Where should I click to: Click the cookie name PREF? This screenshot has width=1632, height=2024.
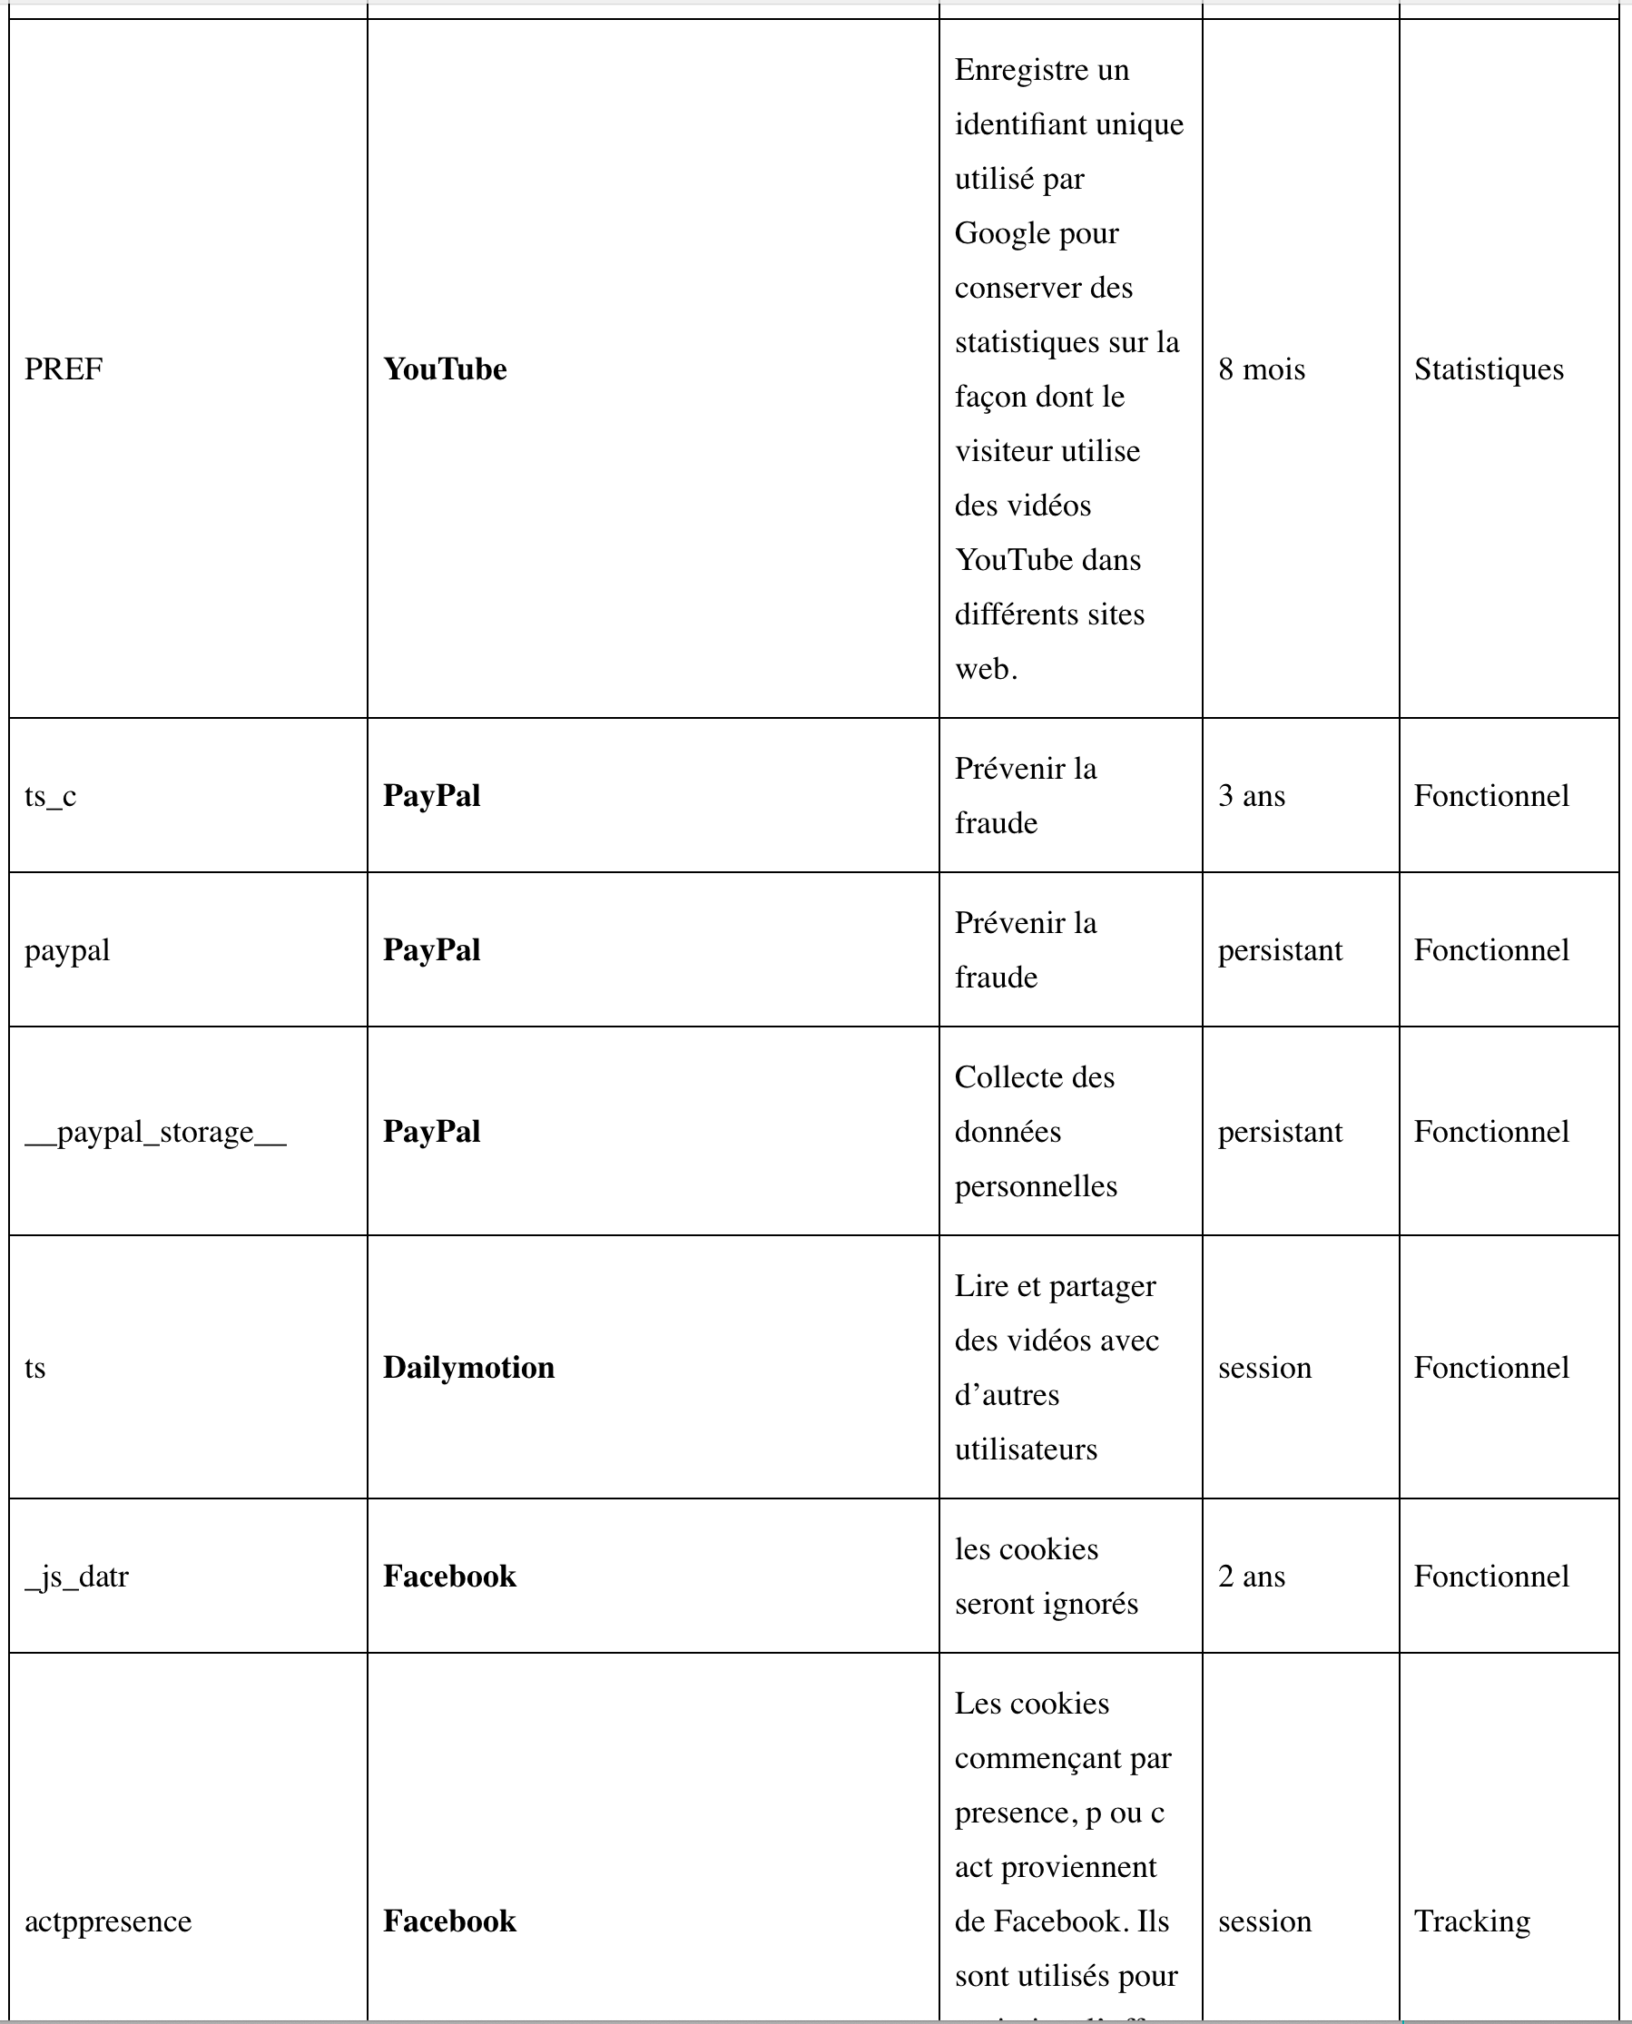(63, 369)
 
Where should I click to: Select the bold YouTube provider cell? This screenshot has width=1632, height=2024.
(445, 369)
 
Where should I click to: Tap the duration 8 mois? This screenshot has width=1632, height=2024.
(1262, 369)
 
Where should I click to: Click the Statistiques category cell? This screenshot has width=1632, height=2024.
(1489, 369)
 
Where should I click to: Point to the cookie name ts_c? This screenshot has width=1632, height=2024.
(50, 796)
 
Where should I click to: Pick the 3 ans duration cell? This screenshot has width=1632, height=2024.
(1252, 796)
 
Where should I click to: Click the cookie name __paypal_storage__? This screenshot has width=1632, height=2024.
(155, 1132)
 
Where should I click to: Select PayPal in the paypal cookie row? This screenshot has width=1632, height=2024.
(431, 950)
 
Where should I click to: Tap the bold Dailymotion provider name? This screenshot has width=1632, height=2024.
(468, 1368)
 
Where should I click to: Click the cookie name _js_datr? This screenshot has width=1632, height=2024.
(76, 1577)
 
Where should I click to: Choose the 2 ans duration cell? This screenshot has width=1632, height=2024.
(1252, 1577)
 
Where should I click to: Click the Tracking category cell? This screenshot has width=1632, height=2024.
(1471, 1921)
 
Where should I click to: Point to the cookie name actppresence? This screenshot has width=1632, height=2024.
(108, 1921)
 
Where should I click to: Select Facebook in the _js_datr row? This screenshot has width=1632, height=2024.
(449, 1577)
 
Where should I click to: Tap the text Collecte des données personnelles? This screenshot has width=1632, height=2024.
(1035, 1132)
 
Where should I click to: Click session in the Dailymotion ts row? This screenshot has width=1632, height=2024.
(1264, 1368)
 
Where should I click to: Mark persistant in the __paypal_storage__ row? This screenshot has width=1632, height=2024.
(1280, 1132)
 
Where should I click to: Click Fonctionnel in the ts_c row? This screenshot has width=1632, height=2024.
(1491, 796)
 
